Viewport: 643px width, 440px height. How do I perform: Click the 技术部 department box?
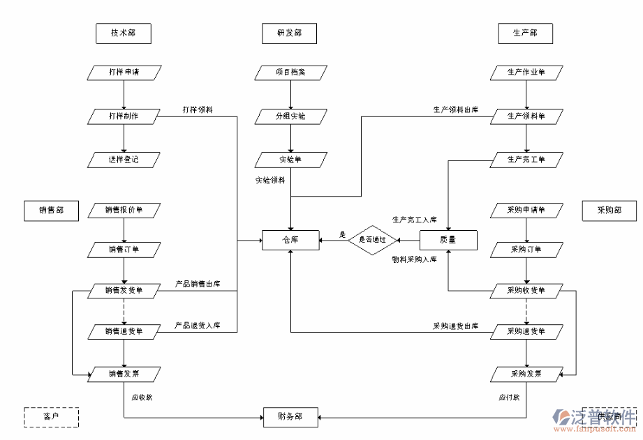124,33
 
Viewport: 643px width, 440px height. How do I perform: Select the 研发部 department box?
290,33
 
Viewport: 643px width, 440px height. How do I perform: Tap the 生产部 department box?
525,33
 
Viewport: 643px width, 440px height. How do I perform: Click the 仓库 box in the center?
290,240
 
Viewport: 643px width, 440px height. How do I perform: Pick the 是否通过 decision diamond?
373,240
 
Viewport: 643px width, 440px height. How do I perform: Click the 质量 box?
448,240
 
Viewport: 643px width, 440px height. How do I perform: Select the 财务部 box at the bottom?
290,417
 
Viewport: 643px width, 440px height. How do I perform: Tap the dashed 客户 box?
51,417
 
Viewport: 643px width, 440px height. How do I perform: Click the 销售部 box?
51,210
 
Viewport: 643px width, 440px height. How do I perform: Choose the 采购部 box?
609,210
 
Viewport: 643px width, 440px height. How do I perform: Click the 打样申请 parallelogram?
124,72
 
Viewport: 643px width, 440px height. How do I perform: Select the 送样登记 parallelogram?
124,160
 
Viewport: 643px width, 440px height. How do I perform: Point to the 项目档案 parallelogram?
290,72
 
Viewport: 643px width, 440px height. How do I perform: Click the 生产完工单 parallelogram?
526,160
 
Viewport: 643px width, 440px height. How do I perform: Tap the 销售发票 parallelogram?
124,374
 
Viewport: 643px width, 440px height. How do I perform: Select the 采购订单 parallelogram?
526,250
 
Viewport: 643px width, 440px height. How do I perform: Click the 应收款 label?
142,398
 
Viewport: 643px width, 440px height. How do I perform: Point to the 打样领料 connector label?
198,109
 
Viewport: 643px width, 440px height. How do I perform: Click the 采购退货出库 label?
455,326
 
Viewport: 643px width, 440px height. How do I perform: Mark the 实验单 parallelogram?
290,160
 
